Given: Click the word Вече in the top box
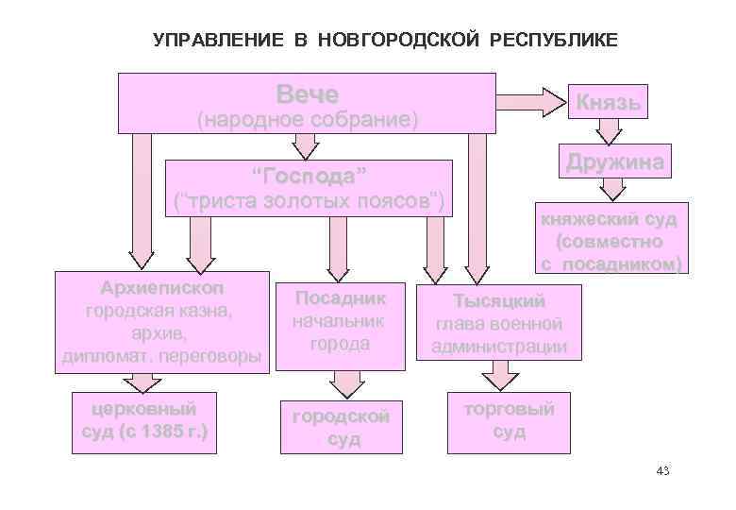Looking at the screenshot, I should tap(307, 93).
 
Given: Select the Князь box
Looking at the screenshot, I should tap(609, 102).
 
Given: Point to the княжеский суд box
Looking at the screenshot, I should tap(608, 241).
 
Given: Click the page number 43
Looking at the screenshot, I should tap(661, 470).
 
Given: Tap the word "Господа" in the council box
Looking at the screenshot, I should tap(309, 177).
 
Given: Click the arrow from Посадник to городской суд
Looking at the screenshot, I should tap(343, 382).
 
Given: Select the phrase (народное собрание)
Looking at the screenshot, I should tap(306, 121).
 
